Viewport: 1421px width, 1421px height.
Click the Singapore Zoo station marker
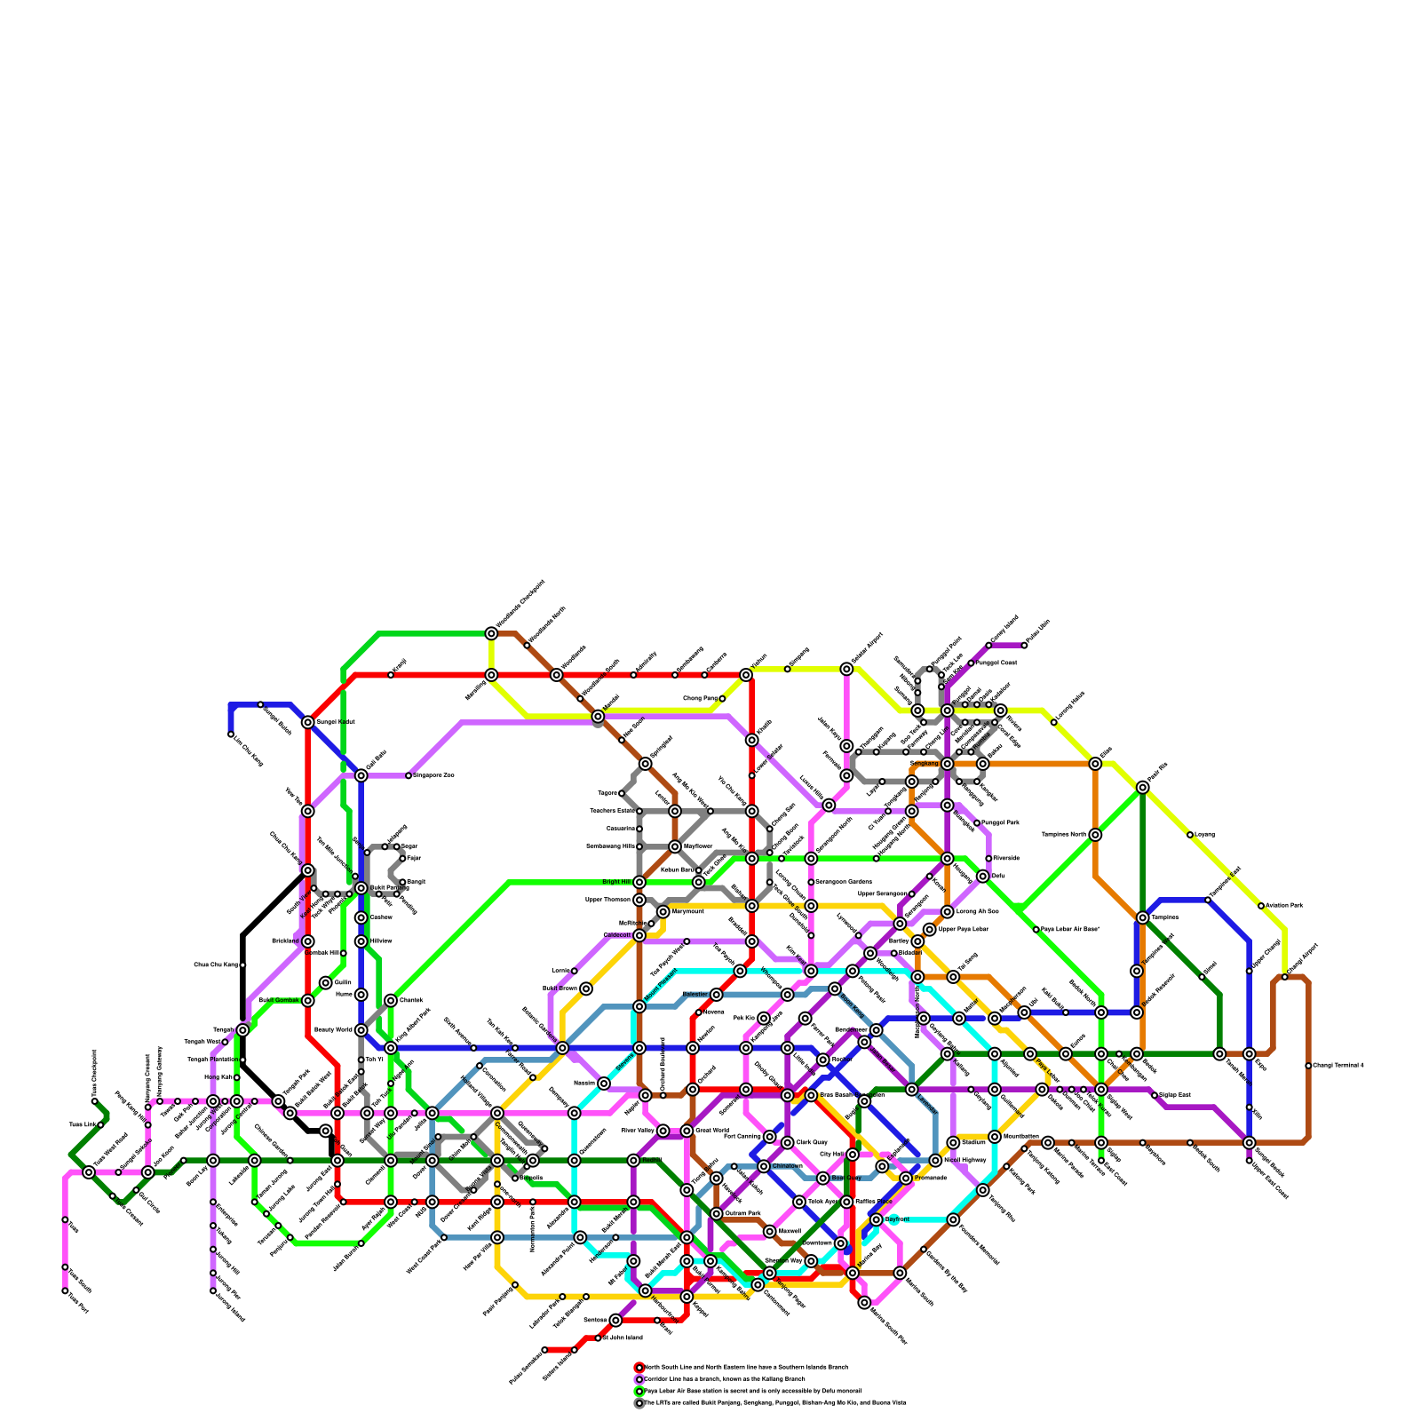pyautogui.click(x=409, y=775)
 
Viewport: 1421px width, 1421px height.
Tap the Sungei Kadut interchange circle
pyautogui.click(x=307, y=722)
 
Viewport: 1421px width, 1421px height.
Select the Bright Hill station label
pyautogui.click(x=615, y=882)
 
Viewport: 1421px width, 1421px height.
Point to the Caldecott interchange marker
pyautogui.click(x=639, y=935)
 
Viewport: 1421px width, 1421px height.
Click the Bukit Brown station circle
pyautogui.click(x=586, y=988)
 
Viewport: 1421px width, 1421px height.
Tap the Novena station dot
pyautogui.click(x=699, y=1012)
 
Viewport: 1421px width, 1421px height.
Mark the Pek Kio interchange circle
pyautogui.click(x=764, y=1018)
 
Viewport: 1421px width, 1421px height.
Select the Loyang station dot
pyautogui.click(x=1190, y=835)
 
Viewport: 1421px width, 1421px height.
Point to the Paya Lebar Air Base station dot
pyautogui.click(x=1036, y=929)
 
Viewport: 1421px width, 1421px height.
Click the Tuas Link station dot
pyautogui.click(x=100, y=1124)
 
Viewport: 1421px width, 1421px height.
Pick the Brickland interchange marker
pyautogui.click(x=307, y=941)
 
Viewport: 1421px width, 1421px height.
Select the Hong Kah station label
pyautogui.click(x=218, y=1077)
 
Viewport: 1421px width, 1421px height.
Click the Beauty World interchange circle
pyautogui.click(x=361, y=1030)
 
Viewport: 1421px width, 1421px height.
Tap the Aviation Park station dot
pyautogui.click(x=1261, y=906)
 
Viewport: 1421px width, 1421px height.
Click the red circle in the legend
pyautogui.click(x=639, y=1368)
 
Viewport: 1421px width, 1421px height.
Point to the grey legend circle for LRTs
pyautogui.click(x=639, y=1403)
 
